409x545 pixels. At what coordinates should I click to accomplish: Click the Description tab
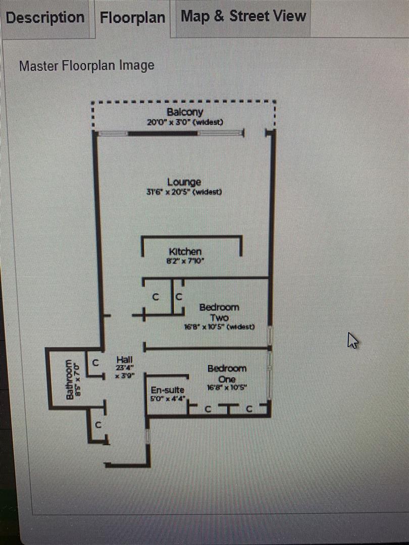coord(45,18)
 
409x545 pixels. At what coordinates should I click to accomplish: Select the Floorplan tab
coord(132,18)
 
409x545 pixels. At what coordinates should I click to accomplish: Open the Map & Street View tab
coord(243,16)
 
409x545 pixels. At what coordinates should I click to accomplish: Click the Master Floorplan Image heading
coord(86,66)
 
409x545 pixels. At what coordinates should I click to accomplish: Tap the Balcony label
coord(185,112)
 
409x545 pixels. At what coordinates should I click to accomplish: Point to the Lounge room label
coord(184,182)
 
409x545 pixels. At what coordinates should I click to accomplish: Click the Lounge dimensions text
coord(184,192)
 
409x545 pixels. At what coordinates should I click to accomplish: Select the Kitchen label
coord(185,251)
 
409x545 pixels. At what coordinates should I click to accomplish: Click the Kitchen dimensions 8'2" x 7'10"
coord(185,261)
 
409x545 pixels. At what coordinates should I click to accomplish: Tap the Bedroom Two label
coord(219,312)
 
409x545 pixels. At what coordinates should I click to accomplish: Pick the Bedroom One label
coord(227,373)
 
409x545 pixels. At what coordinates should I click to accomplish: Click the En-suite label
coord(168,390)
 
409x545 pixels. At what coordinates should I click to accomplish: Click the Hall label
coord(124,359)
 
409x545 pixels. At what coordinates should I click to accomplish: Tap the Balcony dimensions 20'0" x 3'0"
coord(185,122)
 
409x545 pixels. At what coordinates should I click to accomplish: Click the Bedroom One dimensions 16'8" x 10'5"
coord(228,388)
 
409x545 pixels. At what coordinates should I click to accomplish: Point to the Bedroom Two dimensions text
coord(219,326)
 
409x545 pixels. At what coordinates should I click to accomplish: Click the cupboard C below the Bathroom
coord(99,425)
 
